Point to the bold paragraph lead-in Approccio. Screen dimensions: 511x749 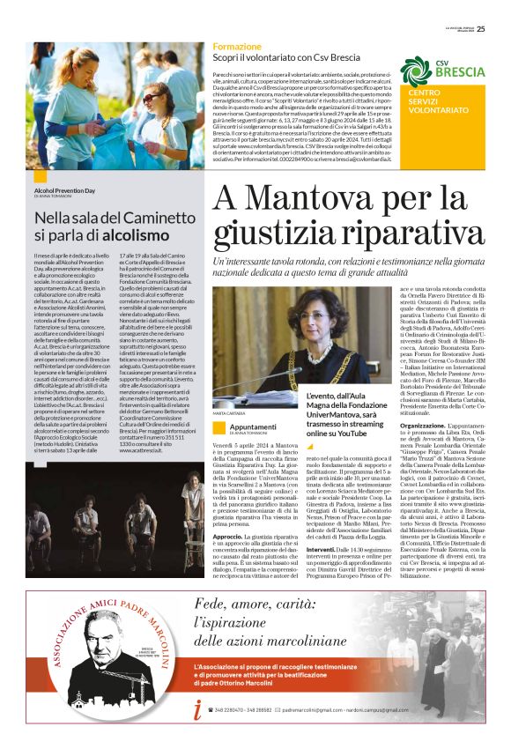pyautogui.click(x=230, y=536)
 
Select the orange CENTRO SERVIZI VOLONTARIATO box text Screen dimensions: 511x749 pyautogui.click(x=431, y=104)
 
